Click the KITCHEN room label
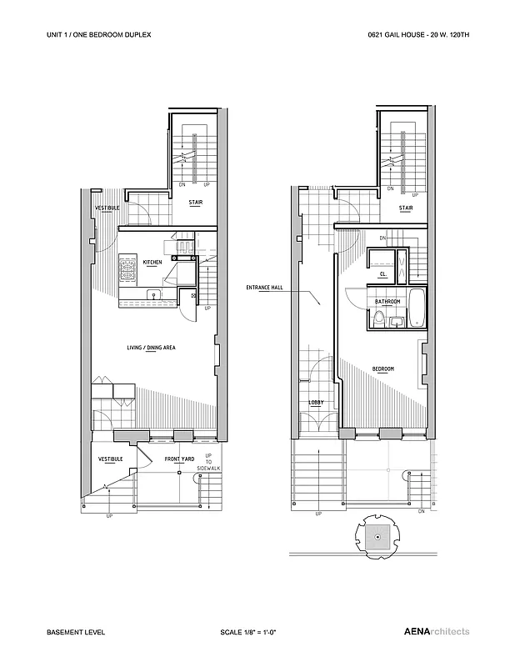tap(152, 262)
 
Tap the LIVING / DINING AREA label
tap(151, 348)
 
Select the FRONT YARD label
tap(178, 459)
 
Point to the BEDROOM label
tap(383, 369)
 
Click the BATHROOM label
tap(387, 302)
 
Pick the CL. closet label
tap(382, 273)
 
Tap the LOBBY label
tap(316, 403)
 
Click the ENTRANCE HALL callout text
tap(266, 288)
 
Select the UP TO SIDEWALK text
tap(208, 462)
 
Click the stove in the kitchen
tap(129, 270)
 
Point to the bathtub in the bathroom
tap(418, 309)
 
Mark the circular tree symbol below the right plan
tap(377, 538)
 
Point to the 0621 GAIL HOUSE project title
tap(419, 37)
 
